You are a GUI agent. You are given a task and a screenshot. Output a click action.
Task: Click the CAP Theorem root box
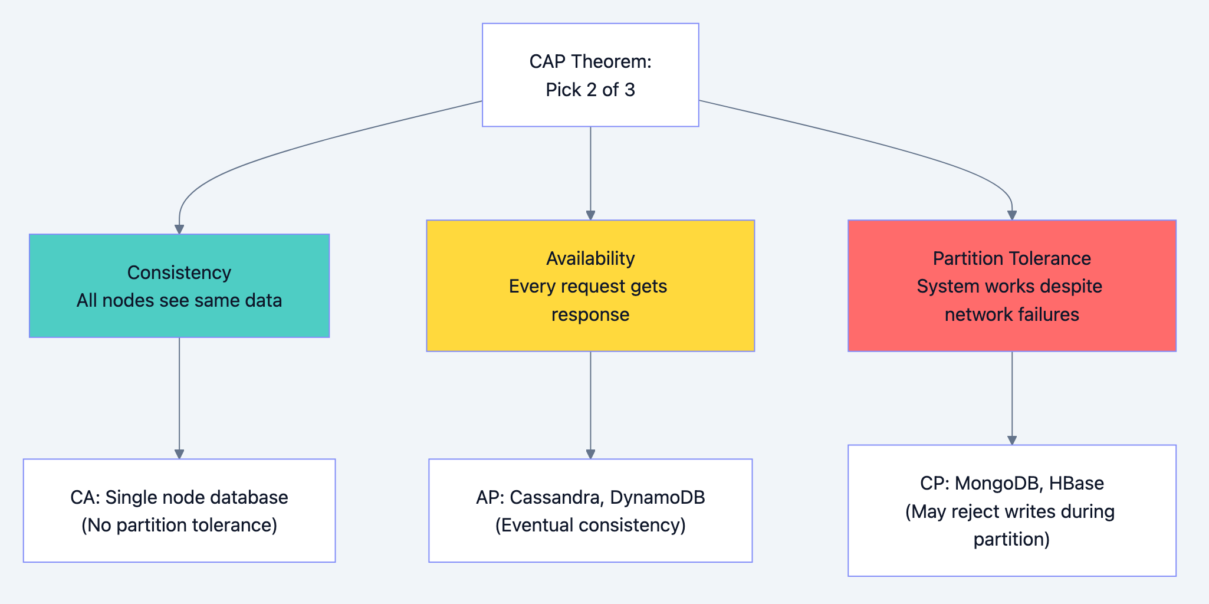pyautogui.click(x=590, y=75)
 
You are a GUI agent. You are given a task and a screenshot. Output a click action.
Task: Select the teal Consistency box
pyautogui.click(x=179, y=285)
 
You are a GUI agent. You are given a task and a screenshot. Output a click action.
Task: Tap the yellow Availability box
pyautogui.click(x=590, y=285)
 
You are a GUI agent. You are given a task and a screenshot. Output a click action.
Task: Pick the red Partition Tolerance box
pyautogui.click(x=1012, y=285)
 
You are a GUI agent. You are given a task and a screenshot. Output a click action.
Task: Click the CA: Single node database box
pyautogui.click(x=179, y=510)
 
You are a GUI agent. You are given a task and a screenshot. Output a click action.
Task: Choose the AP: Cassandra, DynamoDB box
pyautogui.click(x=590, y=510)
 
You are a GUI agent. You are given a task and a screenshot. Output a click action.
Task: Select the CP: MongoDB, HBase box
pyautogui.click(x=1012, y=510)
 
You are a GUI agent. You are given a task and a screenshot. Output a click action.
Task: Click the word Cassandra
pyautogui.click(x=555, y=497)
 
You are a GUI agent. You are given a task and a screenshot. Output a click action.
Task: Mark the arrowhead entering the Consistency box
pyautogui.click(x=179, y=229)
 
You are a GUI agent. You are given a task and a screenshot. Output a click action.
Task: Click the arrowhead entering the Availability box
pyautogui.click(x=590, y=215)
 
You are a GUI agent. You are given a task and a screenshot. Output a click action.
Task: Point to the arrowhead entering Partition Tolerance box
pyautogui.click(x=1012, y=215)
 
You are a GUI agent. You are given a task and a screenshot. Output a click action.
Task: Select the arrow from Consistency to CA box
pyautogui.click(x=179, y=395)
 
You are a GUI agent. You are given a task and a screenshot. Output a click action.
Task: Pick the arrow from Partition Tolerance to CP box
pyautogui.click(x=1012, y=395)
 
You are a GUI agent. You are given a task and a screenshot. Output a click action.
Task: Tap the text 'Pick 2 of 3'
pyautogui.click(x=590, y=90)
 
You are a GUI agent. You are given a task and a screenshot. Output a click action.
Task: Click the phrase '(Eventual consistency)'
pyautogui.click(x=590, y=525)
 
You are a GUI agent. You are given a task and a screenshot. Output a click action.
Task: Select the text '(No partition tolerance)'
pyautogui.click(x=179, y=525)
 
